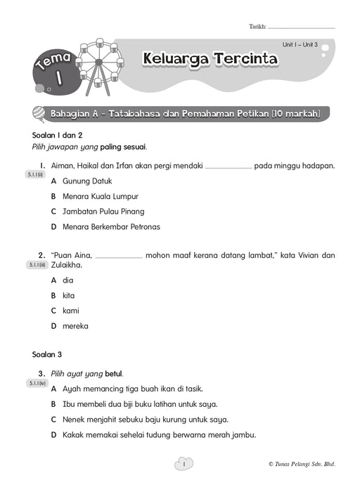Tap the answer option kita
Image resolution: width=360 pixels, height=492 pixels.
(68, 295)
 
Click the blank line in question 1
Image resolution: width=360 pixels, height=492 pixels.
(228, 167)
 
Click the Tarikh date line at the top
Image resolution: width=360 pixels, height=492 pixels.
(302, 27)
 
